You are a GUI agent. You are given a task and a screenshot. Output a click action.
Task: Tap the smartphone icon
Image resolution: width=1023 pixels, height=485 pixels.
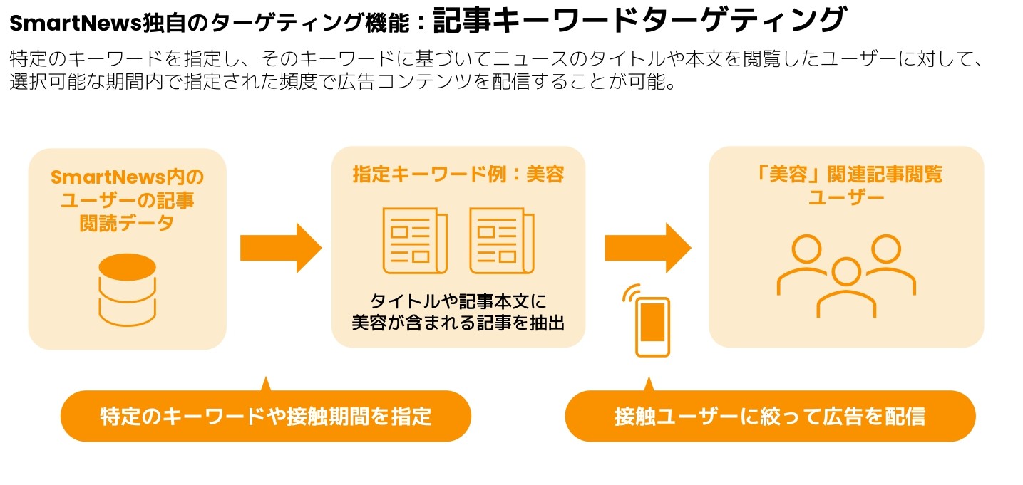click(x=652, y=326)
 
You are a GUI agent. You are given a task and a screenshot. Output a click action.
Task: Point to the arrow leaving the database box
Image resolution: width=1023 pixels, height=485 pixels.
click(x=280, y=247)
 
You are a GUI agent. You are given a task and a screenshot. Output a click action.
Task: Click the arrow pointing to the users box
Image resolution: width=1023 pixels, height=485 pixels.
click(x=647, y=247)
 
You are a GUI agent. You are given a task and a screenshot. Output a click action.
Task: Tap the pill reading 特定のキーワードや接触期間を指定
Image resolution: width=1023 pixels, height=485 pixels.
click(x=266, y=417)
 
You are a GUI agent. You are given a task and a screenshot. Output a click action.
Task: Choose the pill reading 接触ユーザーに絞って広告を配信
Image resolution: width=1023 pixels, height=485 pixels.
click(x=770, y=417)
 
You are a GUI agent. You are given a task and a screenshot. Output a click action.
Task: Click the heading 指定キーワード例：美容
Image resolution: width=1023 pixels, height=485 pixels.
click(x=458, y=174)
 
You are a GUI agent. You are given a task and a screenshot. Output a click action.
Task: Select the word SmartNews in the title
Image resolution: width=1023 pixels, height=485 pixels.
click(x=59, y=24)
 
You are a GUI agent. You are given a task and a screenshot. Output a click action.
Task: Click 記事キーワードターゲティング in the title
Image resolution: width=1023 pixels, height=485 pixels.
click(x=638, y=21)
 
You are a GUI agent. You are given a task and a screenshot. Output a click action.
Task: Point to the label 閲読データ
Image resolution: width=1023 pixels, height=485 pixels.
click(x=127, y=224)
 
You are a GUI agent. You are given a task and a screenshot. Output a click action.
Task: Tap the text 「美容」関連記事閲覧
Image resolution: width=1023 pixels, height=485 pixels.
click(x=846, y=174)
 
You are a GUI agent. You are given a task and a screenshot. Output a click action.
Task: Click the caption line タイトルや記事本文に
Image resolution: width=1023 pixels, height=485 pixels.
click(x=458, y=301)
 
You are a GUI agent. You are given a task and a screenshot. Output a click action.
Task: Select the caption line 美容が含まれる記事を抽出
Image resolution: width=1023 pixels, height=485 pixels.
click(x=458, y=323)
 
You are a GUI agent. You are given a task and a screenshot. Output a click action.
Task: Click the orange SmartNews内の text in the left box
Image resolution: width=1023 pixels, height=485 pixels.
click(x=127, y=176)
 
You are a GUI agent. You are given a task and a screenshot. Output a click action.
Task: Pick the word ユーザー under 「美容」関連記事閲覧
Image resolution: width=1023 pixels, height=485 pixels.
click(x=846, y=197)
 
